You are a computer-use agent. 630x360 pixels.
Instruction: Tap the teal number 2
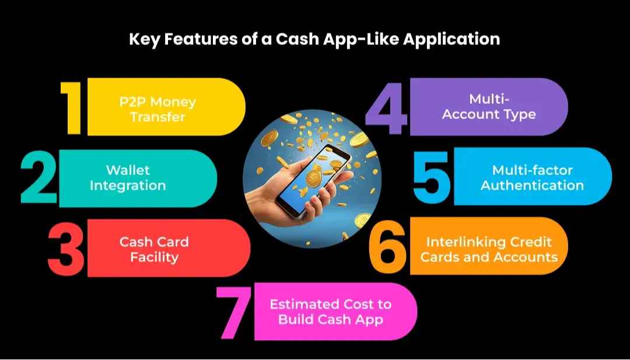39,177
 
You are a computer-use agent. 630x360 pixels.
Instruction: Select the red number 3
66,249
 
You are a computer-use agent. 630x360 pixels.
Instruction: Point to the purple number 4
386,108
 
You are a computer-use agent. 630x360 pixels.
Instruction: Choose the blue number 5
432,177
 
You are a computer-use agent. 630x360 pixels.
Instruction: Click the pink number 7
235,313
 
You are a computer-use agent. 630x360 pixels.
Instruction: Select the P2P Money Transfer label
157,109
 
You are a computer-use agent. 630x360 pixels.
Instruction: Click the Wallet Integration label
128,177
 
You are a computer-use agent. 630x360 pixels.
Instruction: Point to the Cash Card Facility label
154,249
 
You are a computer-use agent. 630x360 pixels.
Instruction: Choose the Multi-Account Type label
489,106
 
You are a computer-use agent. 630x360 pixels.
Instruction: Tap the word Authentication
532,185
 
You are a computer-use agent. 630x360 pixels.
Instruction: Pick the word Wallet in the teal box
128,170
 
